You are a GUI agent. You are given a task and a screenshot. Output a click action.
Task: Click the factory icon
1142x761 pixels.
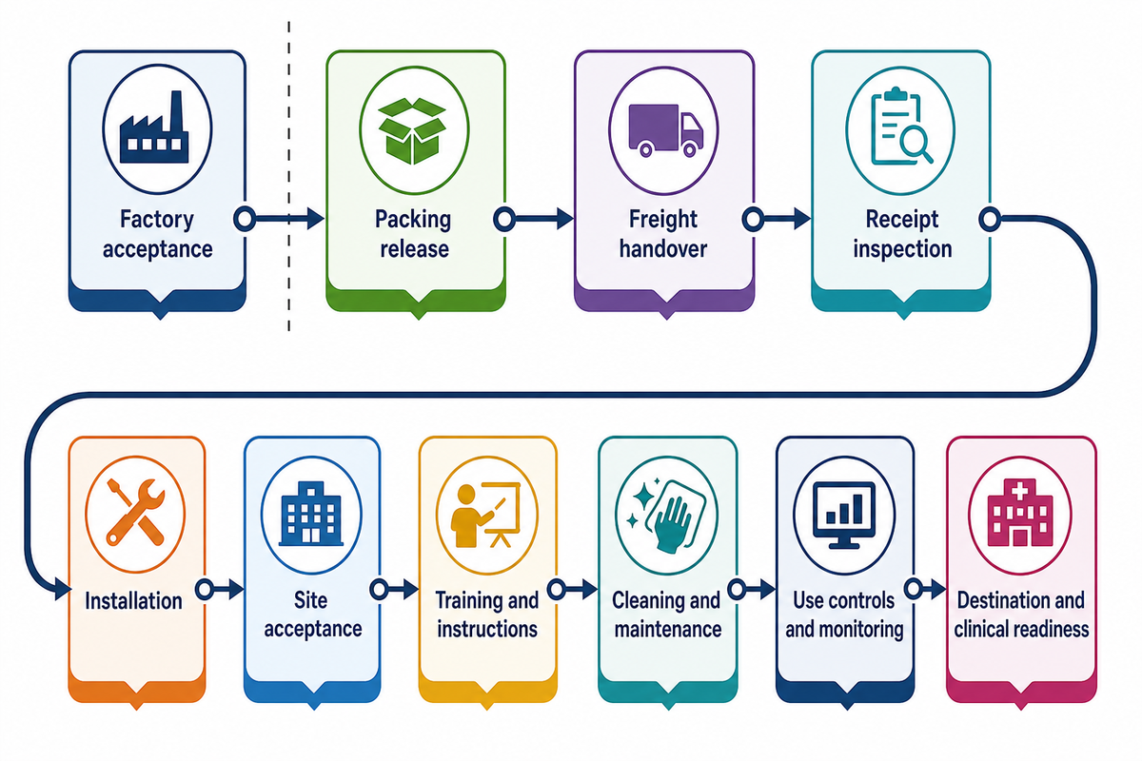(x=154, y=127)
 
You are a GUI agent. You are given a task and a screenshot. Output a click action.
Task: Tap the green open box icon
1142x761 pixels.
(x=412, y=130)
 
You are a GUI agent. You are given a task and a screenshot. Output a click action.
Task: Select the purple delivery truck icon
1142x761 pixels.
(x=666, y=130)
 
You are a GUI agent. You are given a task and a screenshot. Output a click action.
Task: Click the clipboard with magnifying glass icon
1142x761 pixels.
(x=901, y=127)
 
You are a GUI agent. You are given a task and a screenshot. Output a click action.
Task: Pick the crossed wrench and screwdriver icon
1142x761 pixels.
(x=135, y=512)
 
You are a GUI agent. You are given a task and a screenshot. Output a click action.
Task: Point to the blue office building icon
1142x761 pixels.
(x=311, y=514)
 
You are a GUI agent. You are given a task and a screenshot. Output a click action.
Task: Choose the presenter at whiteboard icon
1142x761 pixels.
(x=486, y=515)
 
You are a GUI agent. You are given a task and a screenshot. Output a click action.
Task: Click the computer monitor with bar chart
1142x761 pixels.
(x=844, y=515)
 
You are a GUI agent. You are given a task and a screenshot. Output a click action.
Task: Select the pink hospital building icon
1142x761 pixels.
(x=1019, y=513)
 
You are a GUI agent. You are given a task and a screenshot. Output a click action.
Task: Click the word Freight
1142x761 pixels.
(x=662, y=219)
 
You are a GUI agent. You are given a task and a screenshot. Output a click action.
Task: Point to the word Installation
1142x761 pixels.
(x=133, y=601)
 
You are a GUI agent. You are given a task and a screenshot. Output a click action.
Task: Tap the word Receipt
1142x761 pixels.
(x=902, y=220)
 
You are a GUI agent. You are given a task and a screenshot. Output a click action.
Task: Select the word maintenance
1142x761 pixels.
(x=668, y=629)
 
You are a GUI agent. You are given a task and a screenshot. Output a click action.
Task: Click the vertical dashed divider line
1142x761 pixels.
(x=289, y=176)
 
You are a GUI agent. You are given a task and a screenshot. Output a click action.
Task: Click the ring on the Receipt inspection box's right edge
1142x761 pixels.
(x=990, y=219)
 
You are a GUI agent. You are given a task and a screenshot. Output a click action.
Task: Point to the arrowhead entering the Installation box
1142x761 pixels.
(x=63, y=590)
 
